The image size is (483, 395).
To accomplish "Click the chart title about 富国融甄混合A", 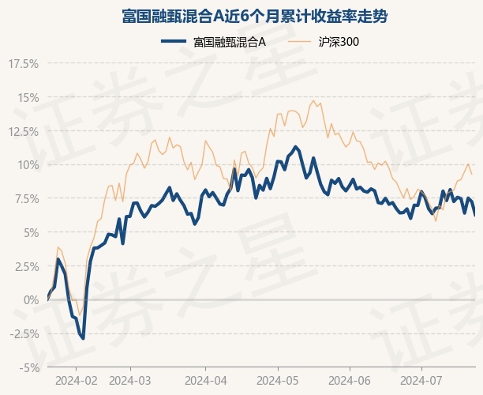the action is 254,17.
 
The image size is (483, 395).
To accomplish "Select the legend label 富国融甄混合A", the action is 230,42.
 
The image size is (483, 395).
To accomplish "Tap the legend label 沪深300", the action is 339,42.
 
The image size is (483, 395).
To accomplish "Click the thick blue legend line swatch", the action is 174,41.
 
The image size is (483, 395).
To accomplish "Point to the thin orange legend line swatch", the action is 299,41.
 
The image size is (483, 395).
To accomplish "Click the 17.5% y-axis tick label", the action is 24,64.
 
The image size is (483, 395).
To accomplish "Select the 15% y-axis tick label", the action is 28,98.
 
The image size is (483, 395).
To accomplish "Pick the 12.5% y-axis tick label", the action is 24,132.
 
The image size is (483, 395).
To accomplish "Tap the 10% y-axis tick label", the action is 28,165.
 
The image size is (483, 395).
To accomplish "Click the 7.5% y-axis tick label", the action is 26,199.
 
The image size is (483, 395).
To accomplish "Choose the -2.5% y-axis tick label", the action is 24,333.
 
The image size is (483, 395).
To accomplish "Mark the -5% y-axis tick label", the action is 29,368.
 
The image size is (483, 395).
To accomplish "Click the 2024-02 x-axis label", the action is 77,381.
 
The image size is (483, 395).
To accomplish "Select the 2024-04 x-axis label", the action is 206,381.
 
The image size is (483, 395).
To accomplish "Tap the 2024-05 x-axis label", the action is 278,381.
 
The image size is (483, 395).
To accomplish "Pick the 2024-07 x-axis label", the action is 421,381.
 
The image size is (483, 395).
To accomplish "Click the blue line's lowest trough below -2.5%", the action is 83,338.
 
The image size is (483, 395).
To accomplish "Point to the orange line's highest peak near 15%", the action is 313,100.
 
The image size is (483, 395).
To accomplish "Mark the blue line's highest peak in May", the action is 296,147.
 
